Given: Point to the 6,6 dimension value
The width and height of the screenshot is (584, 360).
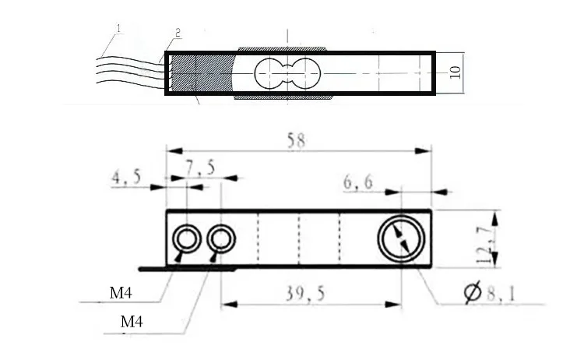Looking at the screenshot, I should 358,182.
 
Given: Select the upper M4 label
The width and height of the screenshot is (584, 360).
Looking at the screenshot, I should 121,295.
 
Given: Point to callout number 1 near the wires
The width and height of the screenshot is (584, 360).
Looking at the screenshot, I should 118,29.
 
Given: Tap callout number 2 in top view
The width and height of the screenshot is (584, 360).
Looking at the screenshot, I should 177,33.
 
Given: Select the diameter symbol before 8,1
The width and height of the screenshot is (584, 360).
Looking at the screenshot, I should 471,293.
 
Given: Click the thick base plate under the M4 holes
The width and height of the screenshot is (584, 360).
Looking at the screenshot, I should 187,268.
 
